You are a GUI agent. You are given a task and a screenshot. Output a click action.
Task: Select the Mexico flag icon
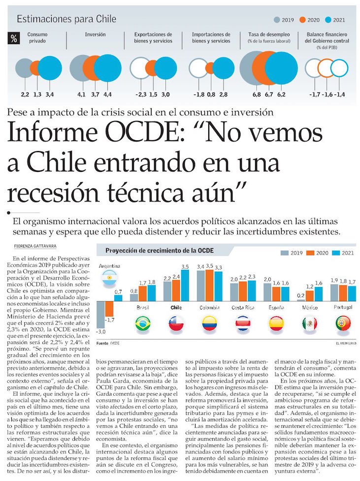pyautogui.click(x=310, y=323)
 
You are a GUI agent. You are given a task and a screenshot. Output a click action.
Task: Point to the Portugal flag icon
pyautogui.click(x=343, y=323)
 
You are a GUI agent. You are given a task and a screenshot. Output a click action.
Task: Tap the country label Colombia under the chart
pyautogui.click(x=209, y=308)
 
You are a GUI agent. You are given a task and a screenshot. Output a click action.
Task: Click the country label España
pyautogui.click(x=276, y=308)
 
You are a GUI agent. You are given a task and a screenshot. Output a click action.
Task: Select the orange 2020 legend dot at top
pyautogui.click(x=303, y=20)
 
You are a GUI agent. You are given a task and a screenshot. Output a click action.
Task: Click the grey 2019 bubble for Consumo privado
pyautogui.click(x=24, y=68)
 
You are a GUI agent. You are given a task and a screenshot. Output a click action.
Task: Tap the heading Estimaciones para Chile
pyautogui.click(x=66, y=19)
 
